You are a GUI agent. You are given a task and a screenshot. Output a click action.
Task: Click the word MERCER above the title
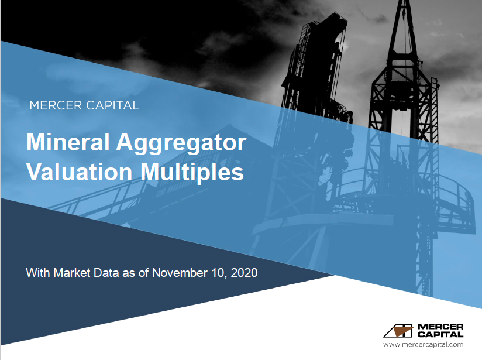(x=56, y=106)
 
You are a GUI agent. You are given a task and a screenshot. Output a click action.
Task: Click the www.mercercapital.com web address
(x=423, y=345)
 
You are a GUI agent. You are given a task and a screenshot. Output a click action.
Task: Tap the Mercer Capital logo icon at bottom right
(x=398, y=330)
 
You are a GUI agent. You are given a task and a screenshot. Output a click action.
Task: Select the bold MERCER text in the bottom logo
(x=440, y=326)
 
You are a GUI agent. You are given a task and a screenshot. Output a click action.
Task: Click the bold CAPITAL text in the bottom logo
(x=440, y=334)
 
